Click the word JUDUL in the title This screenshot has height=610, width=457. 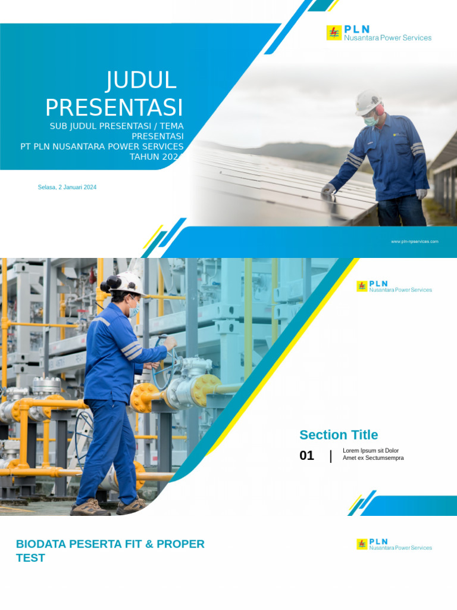point(141,81)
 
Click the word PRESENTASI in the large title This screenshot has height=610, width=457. point(114,108)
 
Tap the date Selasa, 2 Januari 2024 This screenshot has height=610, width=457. point(67,187)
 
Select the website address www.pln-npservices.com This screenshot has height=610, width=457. point(415,241)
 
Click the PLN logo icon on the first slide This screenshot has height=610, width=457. point(334,33)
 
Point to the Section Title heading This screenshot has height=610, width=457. point(339,435)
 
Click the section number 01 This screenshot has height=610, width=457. point(306,456)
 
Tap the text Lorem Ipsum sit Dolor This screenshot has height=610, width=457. point(371,451)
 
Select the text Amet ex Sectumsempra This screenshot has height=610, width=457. point(373,458)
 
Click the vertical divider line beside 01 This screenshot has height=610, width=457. point(331,456)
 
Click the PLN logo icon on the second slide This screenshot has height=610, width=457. point(362,287)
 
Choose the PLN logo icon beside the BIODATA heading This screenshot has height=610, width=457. point(362,544)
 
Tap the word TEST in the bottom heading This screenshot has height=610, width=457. point(30,558)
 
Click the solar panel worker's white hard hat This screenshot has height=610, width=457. point(368,101)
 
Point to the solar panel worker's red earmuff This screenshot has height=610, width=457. point(379,110)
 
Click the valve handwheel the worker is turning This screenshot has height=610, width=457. point(164,363)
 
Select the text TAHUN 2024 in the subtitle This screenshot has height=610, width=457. point(156,157)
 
